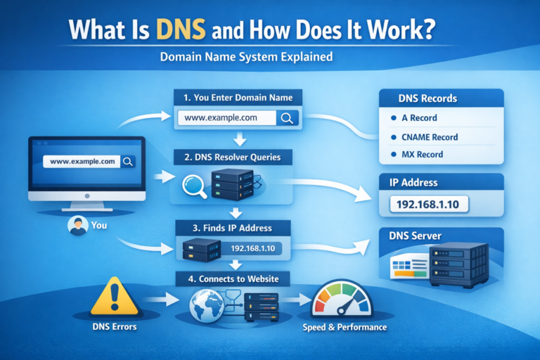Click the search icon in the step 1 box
287,118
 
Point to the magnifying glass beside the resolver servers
194,185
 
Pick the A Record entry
419,118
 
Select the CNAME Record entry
429,137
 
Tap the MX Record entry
422,154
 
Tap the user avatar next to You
77,226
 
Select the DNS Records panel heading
427,98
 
